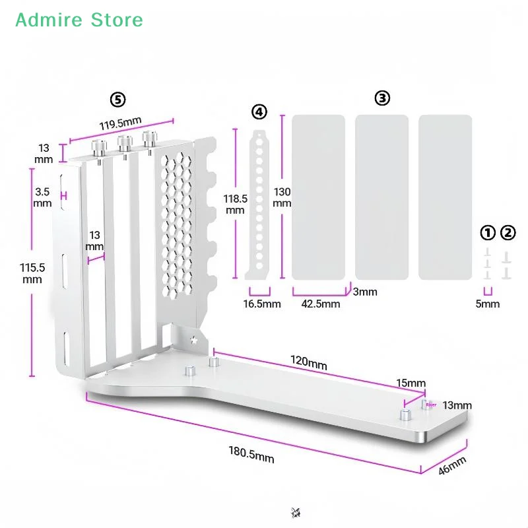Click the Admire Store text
79,20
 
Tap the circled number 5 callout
117,100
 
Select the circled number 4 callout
259,112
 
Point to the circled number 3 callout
382,98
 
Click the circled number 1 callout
488,232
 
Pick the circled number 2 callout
508,232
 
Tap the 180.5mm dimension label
251,454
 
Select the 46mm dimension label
452,465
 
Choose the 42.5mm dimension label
321,304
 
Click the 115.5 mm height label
32,273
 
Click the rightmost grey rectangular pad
445,197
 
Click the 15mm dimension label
412,383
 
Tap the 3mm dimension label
365,292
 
